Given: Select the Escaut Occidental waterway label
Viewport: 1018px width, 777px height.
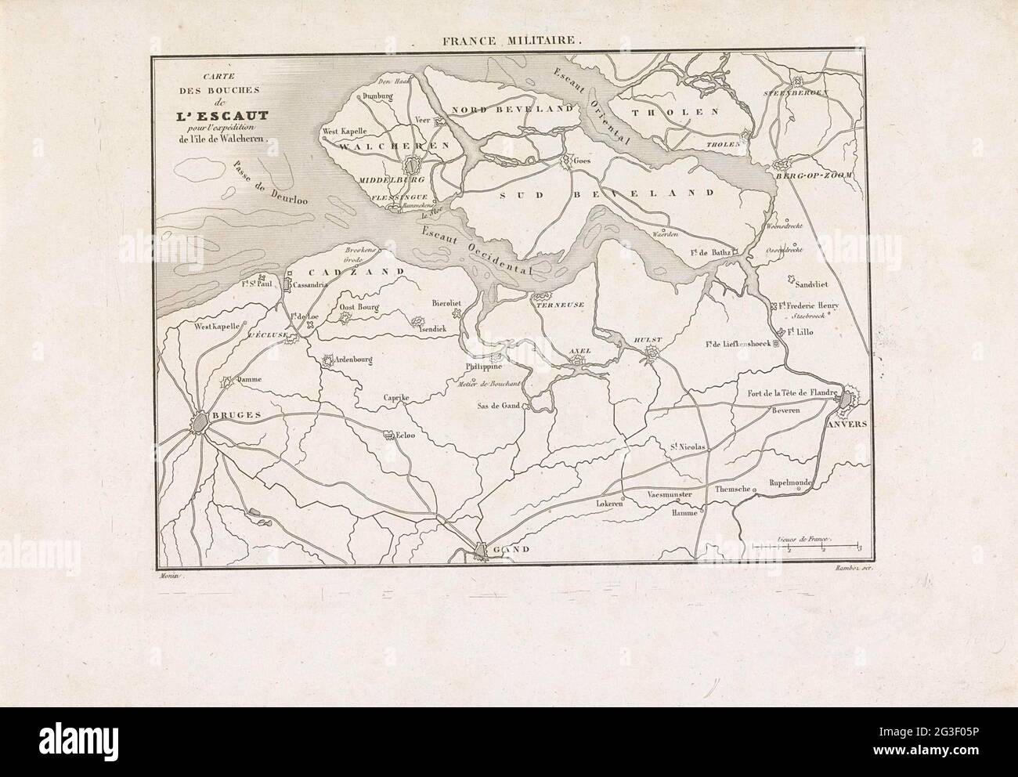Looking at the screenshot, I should click(x=476, y=250).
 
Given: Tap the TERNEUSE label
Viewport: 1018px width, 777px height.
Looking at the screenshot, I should click(x=558, y=306).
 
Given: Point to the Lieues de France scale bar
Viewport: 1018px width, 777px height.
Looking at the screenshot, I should click(x=805, y=545).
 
